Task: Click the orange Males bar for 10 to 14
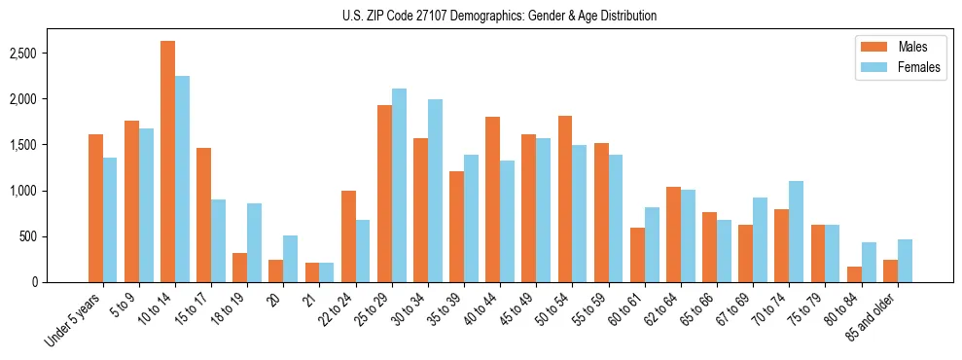coord(167,162)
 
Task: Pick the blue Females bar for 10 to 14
coord(182,179)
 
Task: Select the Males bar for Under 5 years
coord(95,208)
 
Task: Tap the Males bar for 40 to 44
coord(492,199)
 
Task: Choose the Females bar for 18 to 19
coord(254,242)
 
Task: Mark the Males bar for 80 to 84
coord(853,274)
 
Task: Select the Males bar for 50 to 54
coord(565,198)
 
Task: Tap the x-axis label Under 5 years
coord(73,320)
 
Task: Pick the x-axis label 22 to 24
coord(336,311)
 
